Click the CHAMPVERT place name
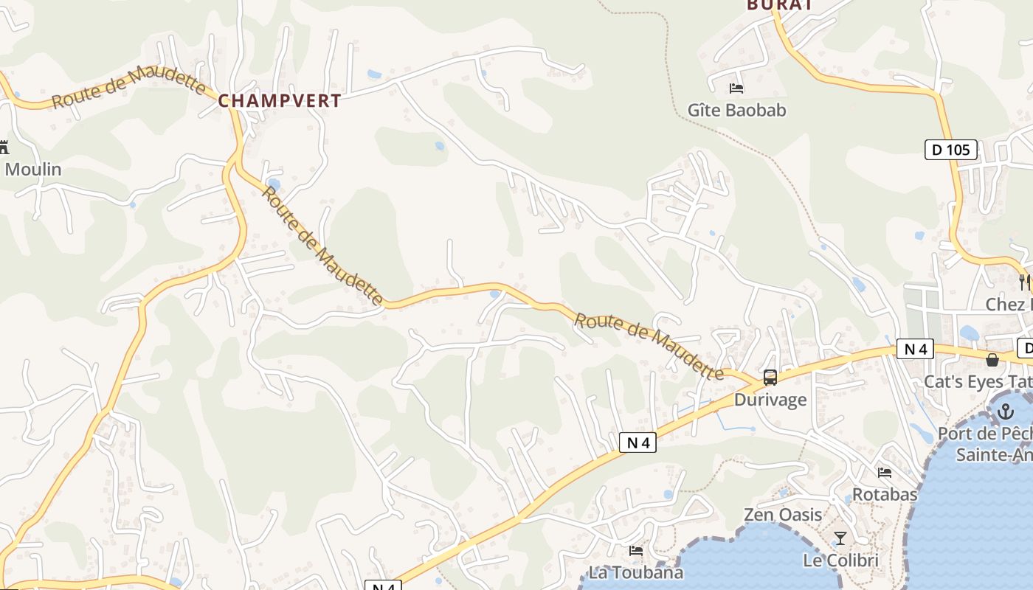(280, 101)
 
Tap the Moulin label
(33, 170)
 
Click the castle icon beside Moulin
(4, 147)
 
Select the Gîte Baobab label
(736, 111)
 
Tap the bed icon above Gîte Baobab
(736, 88)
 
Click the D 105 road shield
(950, 150)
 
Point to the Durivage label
(770, 400)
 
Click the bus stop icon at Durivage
(770, 378)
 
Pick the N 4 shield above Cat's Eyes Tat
(915, 349)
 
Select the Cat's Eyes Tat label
(978, 382)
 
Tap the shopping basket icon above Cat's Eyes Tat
(992, 359)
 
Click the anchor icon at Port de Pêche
(1005, 412)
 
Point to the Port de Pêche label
(985, 434)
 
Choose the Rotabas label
(885, 494)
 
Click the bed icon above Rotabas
(885, 472)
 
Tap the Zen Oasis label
(783, 515)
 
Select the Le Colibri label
(840, 560)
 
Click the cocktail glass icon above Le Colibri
(840, 538)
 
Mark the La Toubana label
(636, 572)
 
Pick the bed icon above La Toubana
(636, 550)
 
